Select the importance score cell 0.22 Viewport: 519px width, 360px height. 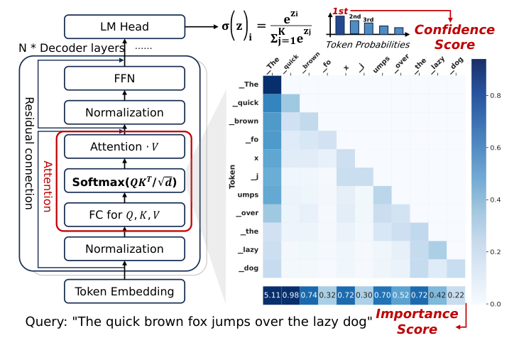click(456, 295)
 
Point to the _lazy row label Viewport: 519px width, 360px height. click(248, 249)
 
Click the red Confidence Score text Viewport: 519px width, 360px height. click(454, 38)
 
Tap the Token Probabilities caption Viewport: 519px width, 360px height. click(366, 45)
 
